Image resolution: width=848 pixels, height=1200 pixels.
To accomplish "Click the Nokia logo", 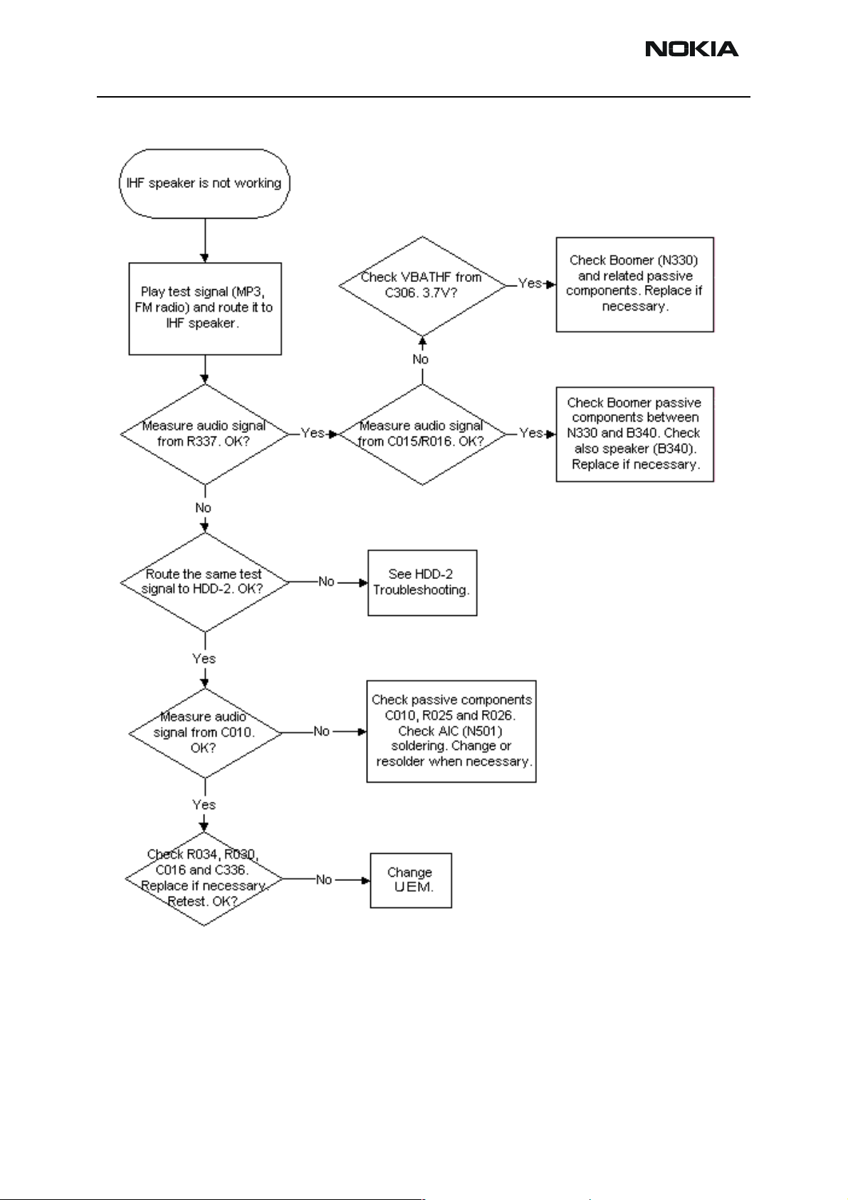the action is click(x=691, y=48).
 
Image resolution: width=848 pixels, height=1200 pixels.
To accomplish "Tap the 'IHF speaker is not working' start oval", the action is click(x=204, y=183).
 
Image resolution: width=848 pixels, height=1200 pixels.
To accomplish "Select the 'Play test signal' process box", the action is click(x=205, y=308).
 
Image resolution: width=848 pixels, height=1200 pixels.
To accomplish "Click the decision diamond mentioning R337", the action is click(x=205, y=434).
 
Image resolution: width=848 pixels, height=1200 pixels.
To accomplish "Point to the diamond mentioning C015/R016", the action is click(x=423, y=434).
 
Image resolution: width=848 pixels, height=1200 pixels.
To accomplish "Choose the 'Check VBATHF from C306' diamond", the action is click(x=423, y=286).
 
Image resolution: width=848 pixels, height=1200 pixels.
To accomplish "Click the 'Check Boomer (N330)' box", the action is click(x=635, y=284).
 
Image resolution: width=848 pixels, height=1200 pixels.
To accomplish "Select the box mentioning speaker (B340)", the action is click(x=635, y=434).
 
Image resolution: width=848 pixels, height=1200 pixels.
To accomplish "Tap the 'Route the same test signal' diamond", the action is click(x=205, y=583).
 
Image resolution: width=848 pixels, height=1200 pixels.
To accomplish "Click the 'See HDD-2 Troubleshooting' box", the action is click(x=422, y=583).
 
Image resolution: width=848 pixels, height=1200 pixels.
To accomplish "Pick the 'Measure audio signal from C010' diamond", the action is click(x=205, y=733).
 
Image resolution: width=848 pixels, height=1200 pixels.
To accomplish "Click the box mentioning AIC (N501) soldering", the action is click(x=451, y=731).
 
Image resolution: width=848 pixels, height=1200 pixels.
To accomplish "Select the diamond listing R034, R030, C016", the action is click(x=204, y=879).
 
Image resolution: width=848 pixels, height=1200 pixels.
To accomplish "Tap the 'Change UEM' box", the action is click(x=411, y=880).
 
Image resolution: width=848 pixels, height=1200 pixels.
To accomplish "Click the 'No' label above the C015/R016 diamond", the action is click(x=421, y=360).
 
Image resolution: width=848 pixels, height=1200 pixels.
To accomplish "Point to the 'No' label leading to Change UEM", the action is click(x=324, y=880).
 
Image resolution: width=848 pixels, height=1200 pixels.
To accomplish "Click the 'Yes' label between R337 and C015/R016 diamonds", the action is click(x=313, y=433).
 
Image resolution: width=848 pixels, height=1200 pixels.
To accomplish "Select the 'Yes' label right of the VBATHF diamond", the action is click(x=530, y=283).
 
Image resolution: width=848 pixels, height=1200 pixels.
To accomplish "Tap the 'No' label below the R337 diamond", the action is click(x=203, y=508).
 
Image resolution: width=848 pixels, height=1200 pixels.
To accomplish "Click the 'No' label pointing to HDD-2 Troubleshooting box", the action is click(x=326, y=582).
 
